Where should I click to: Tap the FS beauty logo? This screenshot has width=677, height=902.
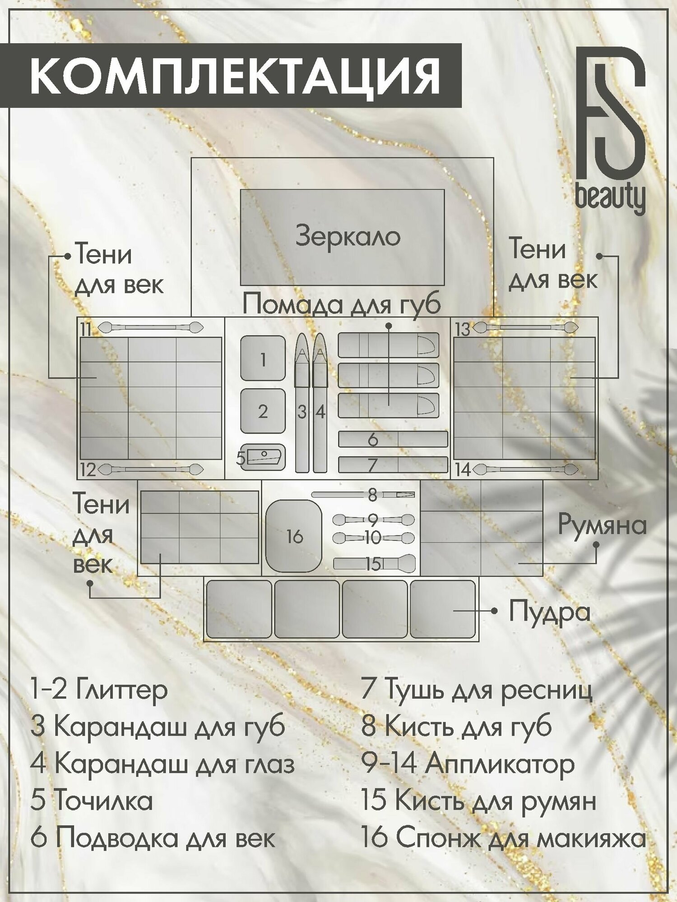(611, 135)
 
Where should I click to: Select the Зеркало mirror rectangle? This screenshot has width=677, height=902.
(342, 237)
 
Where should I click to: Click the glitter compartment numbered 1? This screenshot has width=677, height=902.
(263, 358)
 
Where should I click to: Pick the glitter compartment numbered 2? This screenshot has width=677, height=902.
(263, 411)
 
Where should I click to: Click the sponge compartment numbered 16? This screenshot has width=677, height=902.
(294, 536)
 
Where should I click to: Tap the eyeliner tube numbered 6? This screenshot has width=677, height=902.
(393, 439)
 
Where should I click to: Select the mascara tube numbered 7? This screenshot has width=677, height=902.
(393, 465)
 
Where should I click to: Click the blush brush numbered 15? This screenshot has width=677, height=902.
(375, 563)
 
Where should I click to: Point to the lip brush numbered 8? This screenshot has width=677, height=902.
(363, 495)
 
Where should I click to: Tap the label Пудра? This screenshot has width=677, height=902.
(549, 612)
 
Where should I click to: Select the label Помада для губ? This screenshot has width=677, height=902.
(342, 305)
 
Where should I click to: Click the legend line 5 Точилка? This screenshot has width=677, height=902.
(92, 801)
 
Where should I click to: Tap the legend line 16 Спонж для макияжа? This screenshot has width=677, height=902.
(503, 839)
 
